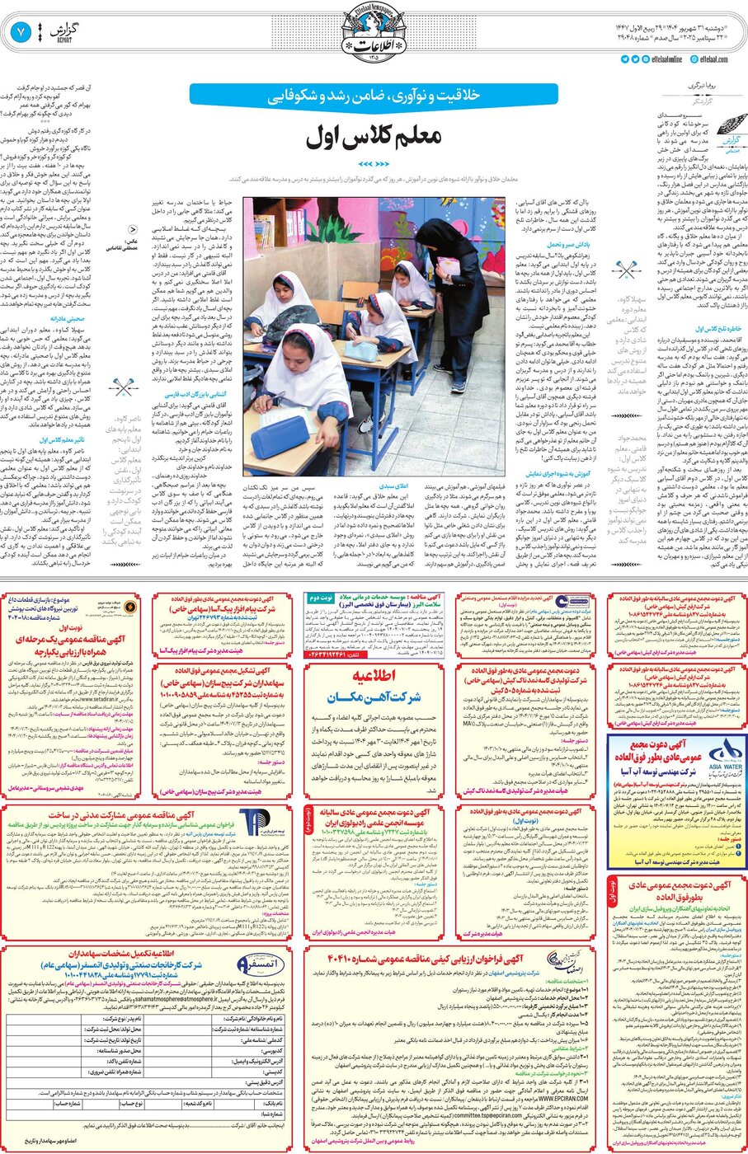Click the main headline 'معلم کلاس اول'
[374, 138]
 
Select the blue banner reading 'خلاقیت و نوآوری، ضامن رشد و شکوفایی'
[374, 96]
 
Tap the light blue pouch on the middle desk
[365, 351]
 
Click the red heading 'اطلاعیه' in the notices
[374, 675]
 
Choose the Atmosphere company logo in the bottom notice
[247, 963]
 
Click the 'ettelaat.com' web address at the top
[713, 59]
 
